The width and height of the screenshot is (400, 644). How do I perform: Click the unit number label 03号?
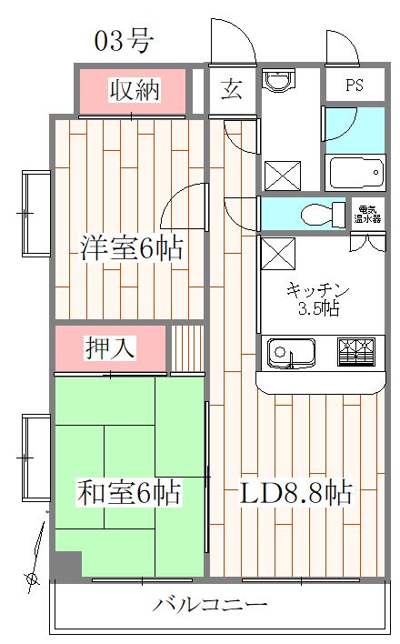click(x=124, y=40)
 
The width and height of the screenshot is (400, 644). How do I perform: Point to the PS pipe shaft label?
click(x=355, y=88)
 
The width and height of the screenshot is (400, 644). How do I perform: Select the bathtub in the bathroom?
click(x=350, y=172)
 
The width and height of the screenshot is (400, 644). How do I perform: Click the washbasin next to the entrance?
click(x=276, y=82)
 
